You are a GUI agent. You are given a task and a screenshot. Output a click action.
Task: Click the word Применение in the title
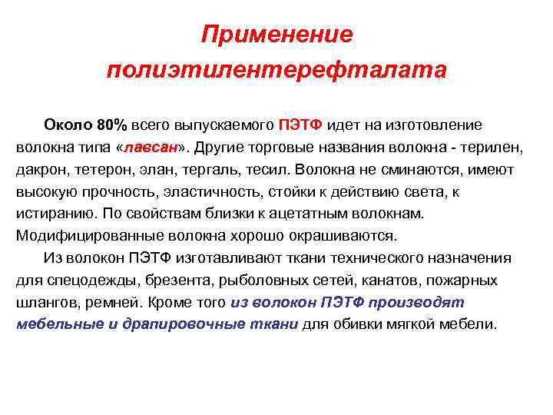click(277, 35)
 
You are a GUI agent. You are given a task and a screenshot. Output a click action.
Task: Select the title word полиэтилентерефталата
click(276, 70)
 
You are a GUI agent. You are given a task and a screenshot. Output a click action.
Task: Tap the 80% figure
click(112, 124)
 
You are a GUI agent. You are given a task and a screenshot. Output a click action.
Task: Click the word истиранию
click(51, 213)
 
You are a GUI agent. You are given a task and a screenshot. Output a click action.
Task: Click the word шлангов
click(47, 302)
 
